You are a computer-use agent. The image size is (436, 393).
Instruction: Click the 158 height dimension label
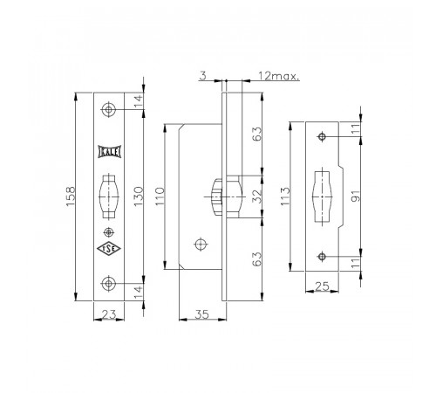point(71,196)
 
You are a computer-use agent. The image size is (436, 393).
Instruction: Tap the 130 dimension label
point(139,196)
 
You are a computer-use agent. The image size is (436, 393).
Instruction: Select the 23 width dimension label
point(109,314)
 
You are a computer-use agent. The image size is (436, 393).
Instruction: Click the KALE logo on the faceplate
point(109,152)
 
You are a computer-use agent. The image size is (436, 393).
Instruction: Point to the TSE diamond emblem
point(109,249)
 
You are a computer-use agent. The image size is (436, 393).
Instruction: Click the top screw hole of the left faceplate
point(108,110)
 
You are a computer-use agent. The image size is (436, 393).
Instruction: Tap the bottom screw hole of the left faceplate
point(108,283)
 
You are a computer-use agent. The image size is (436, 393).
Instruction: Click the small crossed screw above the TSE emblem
point(109,232)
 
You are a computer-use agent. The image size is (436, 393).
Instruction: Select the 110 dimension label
point(160,196)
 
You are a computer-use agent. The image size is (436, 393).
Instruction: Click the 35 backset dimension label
point(202,314)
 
